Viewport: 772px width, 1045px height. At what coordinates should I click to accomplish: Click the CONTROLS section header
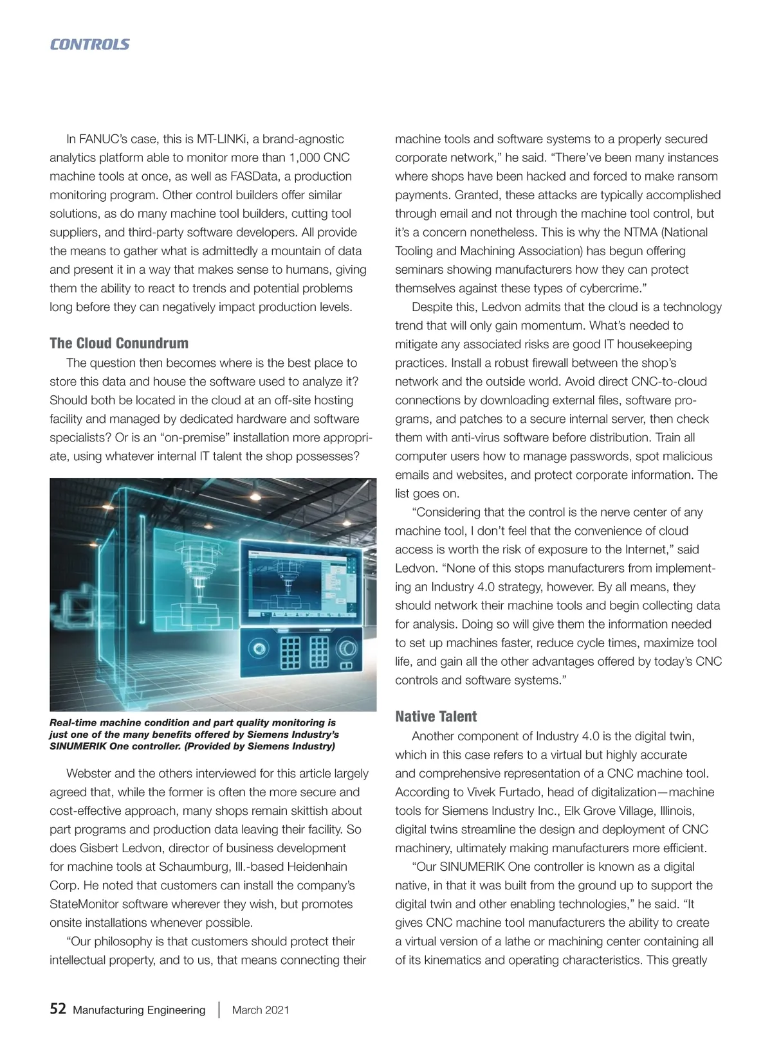89,44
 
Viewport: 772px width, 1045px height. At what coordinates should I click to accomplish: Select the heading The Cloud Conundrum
119,343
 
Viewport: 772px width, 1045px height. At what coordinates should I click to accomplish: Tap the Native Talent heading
436,717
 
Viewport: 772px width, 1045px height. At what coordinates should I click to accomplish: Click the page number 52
58,1009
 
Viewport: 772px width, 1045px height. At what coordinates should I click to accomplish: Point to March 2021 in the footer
261,1010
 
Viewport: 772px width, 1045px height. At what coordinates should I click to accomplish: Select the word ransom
697,176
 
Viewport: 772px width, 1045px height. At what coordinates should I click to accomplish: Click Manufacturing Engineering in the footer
139,1010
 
